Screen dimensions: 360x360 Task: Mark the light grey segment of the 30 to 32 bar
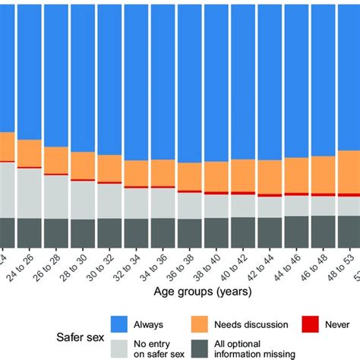109,201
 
